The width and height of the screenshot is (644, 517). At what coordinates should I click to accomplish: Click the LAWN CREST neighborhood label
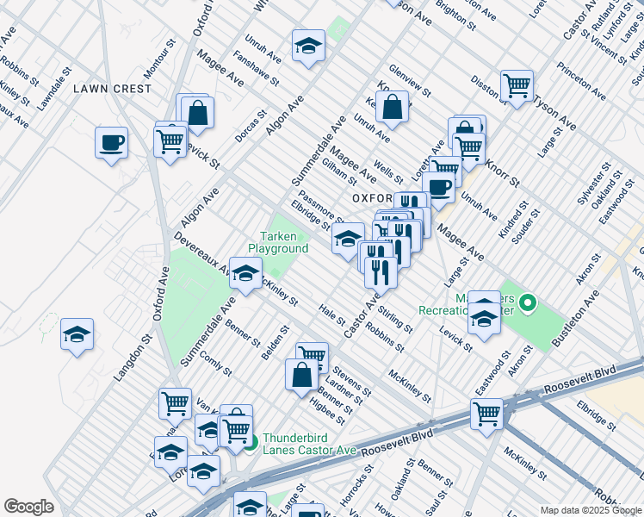point(112,88)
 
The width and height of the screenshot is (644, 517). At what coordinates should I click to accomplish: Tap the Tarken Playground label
point(278,243)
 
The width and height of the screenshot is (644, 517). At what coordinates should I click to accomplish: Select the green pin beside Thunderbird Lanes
point(251,444)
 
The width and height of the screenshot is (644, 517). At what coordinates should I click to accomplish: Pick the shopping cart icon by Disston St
point(517,85)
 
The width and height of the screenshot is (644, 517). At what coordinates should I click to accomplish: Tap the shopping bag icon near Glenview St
point(393,108)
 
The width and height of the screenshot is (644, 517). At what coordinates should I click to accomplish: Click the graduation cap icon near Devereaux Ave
point(246,275)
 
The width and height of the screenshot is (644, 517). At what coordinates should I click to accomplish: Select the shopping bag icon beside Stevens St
point(301,375)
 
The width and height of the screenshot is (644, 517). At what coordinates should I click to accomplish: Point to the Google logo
point(29,507)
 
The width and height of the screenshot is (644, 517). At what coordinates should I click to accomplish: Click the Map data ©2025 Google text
point(590,510)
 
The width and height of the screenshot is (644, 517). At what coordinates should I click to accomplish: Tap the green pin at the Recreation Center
point(529,302)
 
